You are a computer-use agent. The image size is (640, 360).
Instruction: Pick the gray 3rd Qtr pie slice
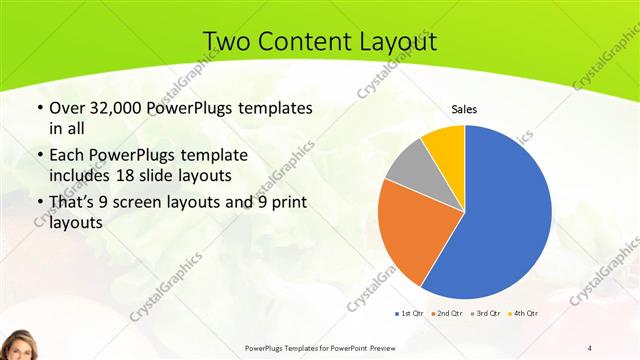pos(409,166)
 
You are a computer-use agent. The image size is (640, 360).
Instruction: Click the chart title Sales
pos(464,108)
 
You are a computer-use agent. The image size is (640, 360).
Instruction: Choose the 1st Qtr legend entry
pos(410,314)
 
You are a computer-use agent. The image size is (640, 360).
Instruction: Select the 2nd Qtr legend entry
pos(446,314)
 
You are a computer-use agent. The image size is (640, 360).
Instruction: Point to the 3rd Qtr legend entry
pos(485,314)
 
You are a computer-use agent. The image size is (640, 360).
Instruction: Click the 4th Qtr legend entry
pos(523,314)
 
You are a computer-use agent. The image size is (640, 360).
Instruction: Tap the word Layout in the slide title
pos(397,41)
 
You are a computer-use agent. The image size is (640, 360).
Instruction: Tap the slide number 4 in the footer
pos(589,347)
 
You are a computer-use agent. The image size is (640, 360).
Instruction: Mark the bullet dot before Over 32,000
pos(38,108)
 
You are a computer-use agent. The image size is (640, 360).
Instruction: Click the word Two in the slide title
pos(225,41)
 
